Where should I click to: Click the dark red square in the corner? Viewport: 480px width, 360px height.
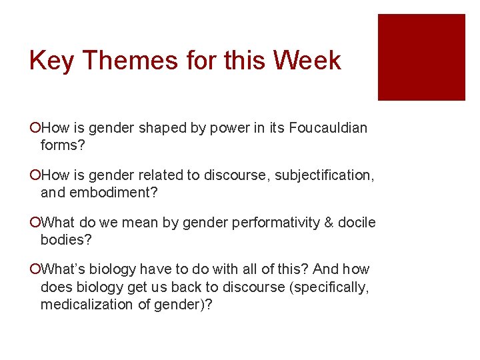421,57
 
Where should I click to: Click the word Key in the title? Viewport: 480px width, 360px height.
51,61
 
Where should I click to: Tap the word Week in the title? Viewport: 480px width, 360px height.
309,61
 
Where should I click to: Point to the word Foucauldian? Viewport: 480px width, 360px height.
328,128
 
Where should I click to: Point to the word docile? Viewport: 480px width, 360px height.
357,223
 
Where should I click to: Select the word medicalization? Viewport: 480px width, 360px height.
87,305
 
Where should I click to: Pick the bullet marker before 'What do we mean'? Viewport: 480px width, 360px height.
34,223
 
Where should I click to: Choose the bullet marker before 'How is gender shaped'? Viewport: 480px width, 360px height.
34,128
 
